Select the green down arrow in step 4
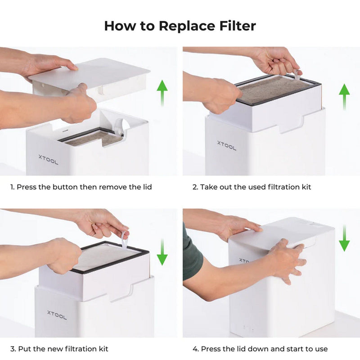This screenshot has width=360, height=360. tap(344, 238)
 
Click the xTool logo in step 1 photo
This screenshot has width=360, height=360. tap(48, 159)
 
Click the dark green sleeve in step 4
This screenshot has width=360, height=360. tap(192, 252)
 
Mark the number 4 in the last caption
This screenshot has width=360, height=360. tap(195, 349)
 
